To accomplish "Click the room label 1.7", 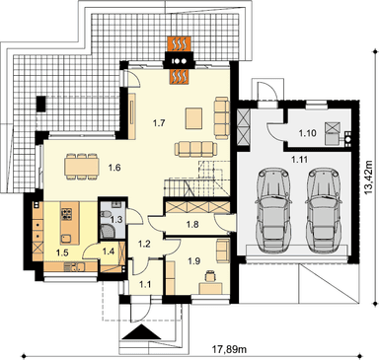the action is [159, 123].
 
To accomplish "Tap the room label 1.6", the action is [114, 168].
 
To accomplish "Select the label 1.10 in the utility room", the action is [307, 133].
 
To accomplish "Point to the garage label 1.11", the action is [299, 160].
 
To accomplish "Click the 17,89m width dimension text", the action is [230, 349].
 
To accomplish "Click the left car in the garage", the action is [274, 210].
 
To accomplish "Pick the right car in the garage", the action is [323, 210].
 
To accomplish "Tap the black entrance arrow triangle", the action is [142, 332].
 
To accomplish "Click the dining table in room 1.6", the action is [82, 166].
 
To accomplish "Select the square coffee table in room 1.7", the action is [195, 118].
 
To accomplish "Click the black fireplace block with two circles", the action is [180, 61].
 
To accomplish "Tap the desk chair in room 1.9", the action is [209, 275].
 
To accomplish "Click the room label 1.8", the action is [192, 225].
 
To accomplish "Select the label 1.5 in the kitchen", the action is [61, 252].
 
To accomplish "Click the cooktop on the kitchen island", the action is [66, 214].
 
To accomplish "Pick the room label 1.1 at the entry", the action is [145, 284].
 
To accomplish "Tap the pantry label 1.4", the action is [109, 252].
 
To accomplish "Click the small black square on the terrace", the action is [41, 104].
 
